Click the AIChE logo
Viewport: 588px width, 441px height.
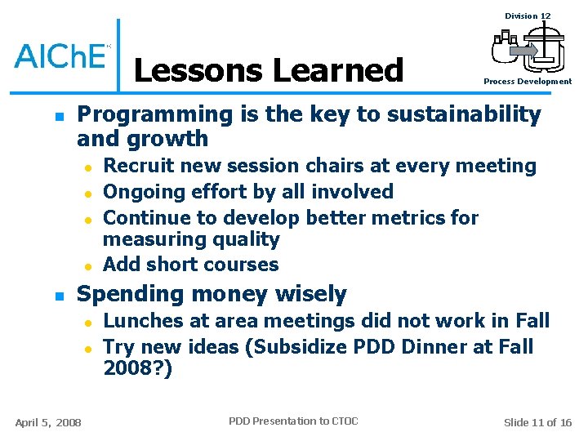click(x=61, y=56)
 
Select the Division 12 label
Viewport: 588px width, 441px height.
click(x=528, y=16)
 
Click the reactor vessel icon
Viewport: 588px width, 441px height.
click(x=528, y=48)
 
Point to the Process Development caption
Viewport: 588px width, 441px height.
click(x=528, y=82)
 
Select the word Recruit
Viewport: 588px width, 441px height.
click(x=136, y=166)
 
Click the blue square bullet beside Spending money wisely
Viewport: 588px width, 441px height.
click(x=56, y=295)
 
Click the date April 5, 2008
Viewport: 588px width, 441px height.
click(x=48, y=422)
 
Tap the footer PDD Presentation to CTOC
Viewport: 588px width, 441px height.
click(x=293, y=421)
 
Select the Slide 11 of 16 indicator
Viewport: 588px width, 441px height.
click(x=537, y=422)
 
